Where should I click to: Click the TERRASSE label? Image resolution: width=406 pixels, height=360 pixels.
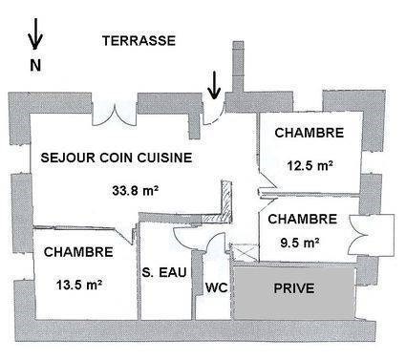click(139, 40)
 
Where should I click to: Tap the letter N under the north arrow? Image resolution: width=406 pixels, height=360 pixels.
click(35, 66)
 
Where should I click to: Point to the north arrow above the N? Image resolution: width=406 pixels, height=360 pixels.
click(35, 36)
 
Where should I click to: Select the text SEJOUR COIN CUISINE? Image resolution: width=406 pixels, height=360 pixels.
click(117, 159)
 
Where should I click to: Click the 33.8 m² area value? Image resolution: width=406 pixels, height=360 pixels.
click(135, 189)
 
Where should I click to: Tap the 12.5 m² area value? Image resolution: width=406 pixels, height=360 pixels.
click(310, 164)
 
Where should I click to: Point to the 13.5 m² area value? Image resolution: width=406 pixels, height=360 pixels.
click(80, 284)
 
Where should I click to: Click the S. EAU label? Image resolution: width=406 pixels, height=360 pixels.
click(163, 274)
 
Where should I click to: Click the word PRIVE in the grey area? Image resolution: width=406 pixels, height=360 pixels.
click(296, 287)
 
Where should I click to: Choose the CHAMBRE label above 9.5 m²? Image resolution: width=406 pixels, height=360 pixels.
click(301, 219)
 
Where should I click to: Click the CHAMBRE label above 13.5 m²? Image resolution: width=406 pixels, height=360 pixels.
click(78, 252)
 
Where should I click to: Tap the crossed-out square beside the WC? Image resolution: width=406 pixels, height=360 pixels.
click(245, 252)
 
